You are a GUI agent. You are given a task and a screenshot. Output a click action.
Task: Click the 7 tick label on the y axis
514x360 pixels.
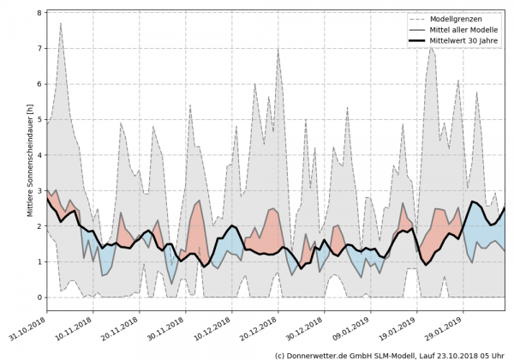(x=39, y=49)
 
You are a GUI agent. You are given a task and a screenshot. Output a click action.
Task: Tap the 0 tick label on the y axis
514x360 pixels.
(x=39, y=297)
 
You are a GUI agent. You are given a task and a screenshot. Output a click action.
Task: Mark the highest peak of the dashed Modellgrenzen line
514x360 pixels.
(x=60, y=23)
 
